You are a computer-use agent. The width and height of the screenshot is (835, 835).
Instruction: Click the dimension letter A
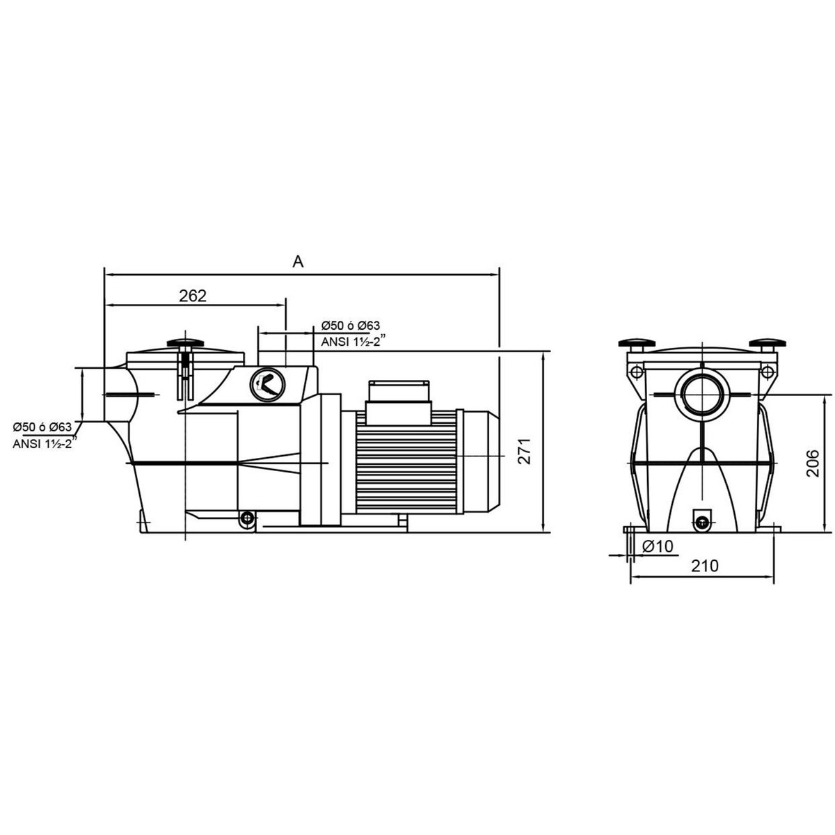pyautogui.click(x=299, y=262)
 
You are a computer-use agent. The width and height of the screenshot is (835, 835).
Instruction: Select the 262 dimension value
pyautogui.click(x=193, y=295)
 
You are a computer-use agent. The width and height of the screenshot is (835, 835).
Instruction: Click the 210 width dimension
pyautogui.click(x=704, y=566)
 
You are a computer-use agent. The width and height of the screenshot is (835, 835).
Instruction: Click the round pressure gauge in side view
pyautogui.click(x=265, y=385)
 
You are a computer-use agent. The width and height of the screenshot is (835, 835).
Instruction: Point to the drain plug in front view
pyautogui.click(x=701, y=516)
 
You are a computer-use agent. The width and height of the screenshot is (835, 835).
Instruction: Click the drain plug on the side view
pyautogui.click(x=245, y=518)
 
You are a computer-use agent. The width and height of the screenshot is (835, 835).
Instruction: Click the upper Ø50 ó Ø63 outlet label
pyautogui.click(x=351, y=326)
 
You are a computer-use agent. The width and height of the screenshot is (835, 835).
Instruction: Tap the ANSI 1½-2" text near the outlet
pyautogui.click(x=349, y=342)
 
